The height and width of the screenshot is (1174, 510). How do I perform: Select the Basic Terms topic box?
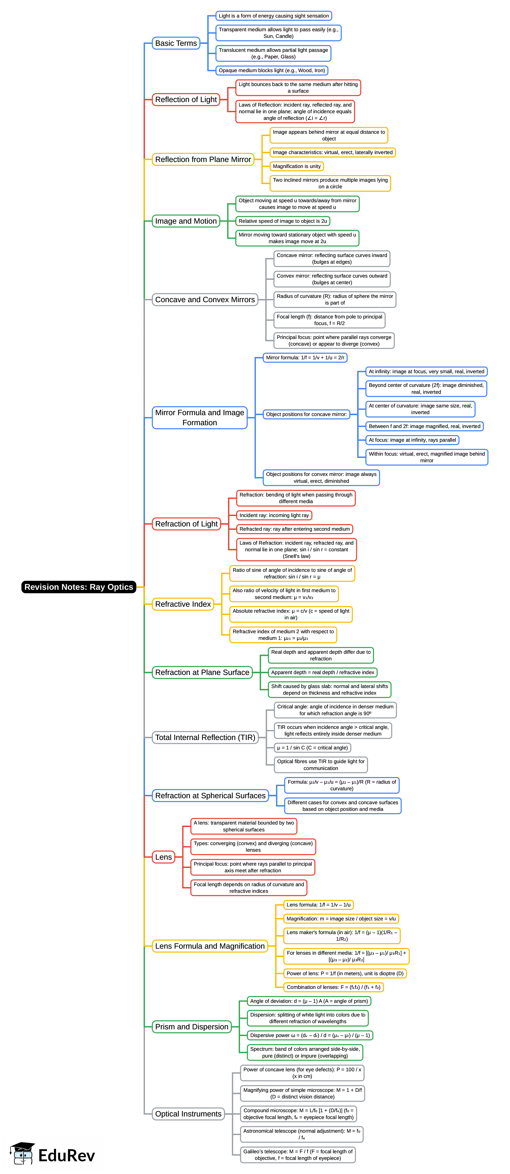[176, 43]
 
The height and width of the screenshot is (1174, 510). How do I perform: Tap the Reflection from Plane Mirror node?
[203, 159]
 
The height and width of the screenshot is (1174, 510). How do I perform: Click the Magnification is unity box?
[297, 166]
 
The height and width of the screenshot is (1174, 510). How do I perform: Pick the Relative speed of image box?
[282, 221]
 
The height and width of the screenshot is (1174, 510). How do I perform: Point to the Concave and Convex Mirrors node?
[205, 299]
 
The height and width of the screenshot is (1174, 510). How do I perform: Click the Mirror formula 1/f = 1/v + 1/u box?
[305, 358]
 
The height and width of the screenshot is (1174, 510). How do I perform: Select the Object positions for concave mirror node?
[307, 414]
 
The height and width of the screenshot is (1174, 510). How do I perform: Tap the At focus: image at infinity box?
[412, 440]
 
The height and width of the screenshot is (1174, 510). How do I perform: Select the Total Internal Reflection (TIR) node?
[205, 737]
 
